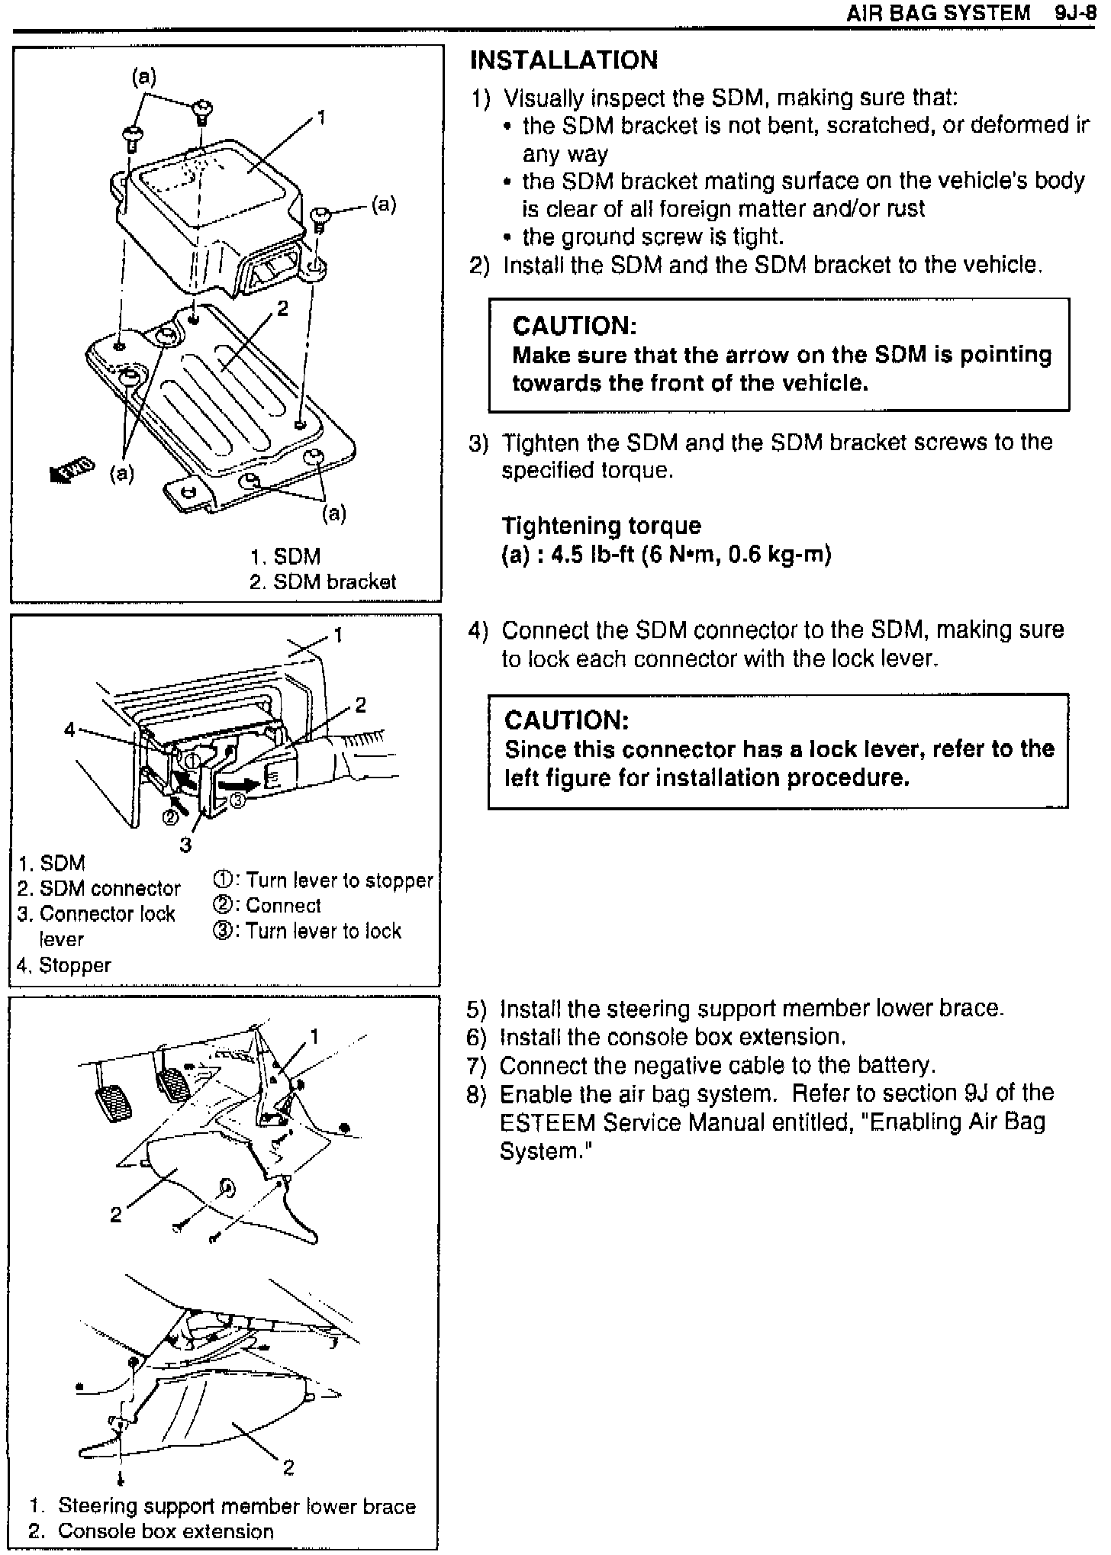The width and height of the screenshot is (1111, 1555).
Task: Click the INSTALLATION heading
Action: click(x=563, y=60)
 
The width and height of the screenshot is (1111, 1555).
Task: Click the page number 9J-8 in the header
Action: click(x=1076, y=14)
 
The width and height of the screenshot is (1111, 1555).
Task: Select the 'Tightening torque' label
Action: click(x=601, y=526)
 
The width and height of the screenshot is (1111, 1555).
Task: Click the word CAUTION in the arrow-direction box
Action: click(x=574, y=327)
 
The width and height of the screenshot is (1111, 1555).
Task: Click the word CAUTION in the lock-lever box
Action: click(x=566, y=720)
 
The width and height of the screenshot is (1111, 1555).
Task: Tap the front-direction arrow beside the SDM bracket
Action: click(x=71, y=471)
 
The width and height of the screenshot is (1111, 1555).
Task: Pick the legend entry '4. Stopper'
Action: click(x=64, y=965)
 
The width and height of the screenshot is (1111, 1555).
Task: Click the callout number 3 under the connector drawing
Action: click(x=185, y=845)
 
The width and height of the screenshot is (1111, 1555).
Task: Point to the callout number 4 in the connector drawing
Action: click(x=69, y=730)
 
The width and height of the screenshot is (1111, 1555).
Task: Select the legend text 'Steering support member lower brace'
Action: click(x=237, y=1506)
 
